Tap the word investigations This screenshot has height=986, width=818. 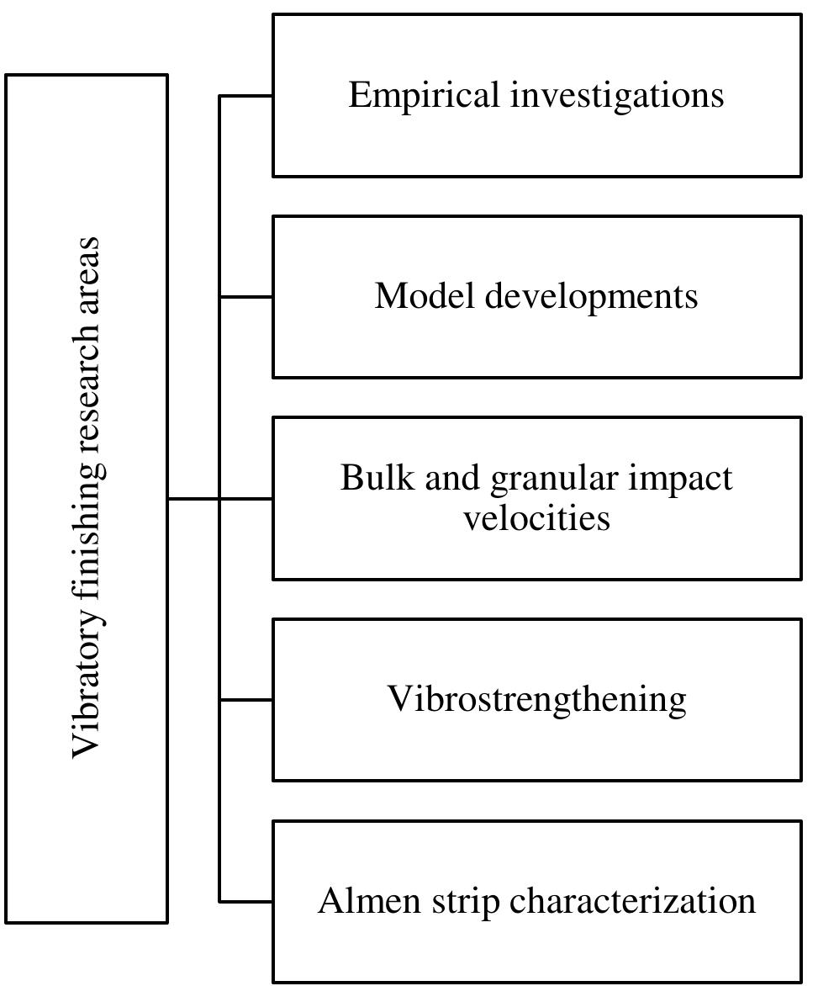tap(617, 95)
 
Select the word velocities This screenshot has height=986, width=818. tap(536, 517)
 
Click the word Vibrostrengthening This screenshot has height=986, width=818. tap(536, 700)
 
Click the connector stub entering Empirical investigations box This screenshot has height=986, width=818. tap(245, 96)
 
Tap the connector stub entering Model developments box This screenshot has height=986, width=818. tap(245, 297)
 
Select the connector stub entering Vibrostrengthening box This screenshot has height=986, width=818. tap(245, 700)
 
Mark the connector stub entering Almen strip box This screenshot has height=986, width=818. tap(245, 902)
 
